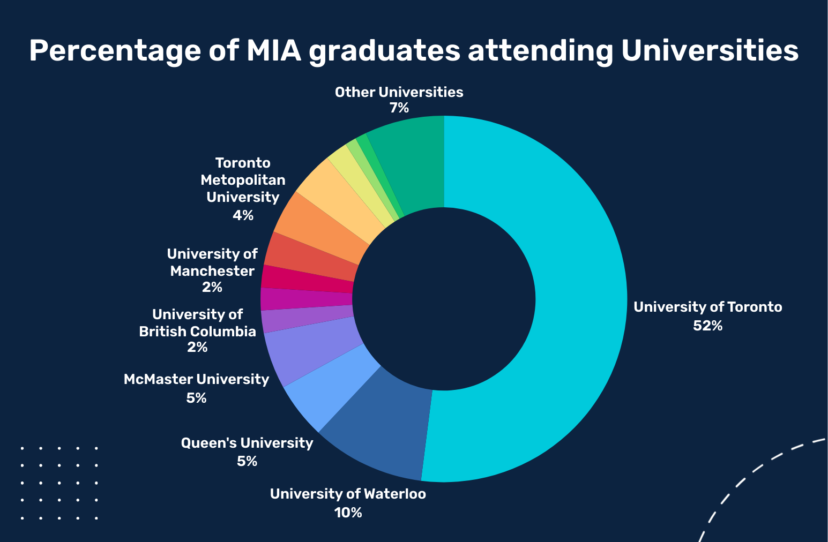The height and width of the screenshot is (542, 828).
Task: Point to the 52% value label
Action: point(707,326)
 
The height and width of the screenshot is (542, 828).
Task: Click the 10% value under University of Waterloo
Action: point(348,513)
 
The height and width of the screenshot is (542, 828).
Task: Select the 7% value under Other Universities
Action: point(399,108)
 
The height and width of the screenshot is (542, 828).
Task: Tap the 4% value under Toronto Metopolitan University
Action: point(243,215)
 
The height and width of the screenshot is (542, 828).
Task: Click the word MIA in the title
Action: point(273,51)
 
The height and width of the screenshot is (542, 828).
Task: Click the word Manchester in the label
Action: point(212,271)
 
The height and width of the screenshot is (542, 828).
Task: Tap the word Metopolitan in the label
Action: point(243,180)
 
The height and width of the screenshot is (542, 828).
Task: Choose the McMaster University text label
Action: point(196,379)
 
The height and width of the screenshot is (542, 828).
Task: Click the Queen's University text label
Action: point(247,443)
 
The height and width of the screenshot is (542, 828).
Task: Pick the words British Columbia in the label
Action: point(197,332)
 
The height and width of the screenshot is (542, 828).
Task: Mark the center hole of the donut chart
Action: point(444,299)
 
